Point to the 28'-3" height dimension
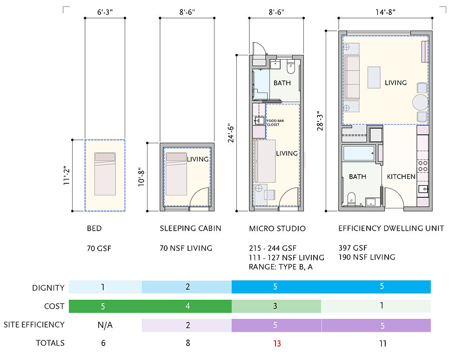click(x=320, y=121)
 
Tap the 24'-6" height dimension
click(x=231, y=133)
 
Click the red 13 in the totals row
click(x=276, y=343)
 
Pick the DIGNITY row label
click(x=48, y=288)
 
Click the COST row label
click(x=54, y=307)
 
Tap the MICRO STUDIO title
click(x=277, y=229)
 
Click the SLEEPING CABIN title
click(x=190, y=229)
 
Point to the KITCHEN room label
click(x=401, y=177)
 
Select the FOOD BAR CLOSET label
click(x=275, y=123)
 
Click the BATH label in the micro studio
click(x=282, y=83)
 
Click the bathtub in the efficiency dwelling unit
click(x=358, y=153)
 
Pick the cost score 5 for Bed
click(x=103, y=306)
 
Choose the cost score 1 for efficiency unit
click(x=382, y=306)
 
